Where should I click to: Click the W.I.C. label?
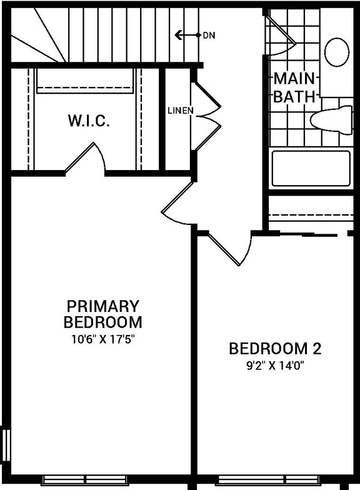pos(89,121)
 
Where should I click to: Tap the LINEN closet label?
pos(181,111)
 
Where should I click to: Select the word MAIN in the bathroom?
pos(295,79)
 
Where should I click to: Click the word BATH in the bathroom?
pos(295,97)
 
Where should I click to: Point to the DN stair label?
pos(209,36)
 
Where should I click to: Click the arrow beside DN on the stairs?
pos(185,35)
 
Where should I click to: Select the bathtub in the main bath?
pos(311,168)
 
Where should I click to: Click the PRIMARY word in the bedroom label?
pos(102,307)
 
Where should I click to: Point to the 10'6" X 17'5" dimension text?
pos(102,340)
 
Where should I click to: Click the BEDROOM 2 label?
pos(275,348)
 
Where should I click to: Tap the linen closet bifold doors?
pos(206,116)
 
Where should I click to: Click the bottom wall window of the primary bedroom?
pos(84,481)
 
